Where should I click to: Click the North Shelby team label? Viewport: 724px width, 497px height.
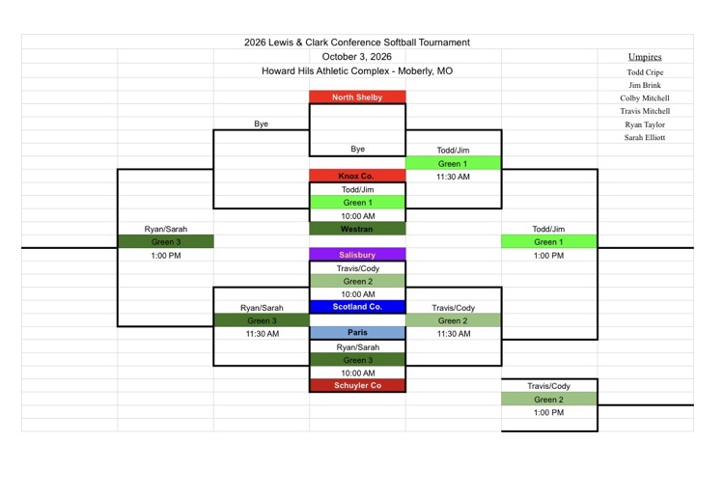(x=357, y=97)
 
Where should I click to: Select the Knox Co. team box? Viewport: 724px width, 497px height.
(x=357, y=176)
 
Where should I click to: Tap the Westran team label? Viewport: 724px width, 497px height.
(x=357, y=229)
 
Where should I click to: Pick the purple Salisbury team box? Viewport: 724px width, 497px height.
(x=357, y=255)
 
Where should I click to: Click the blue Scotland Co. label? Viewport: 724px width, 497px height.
(x=357, y=307)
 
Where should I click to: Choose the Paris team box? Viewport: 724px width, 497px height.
(x=357, y=333)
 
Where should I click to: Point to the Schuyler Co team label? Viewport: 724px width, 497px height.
(x=357, y=386)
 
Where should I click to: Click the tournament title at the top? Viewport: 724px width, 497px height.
(x=357, y=42)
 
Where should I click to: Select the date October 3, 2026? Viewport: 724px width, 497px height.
(x=357, y=57)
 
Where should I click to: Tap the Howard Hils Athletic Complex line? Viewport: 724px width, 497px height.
(x=357, y=71)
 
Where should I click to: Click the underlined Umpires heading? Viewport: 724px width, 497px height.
(x=645, y=57)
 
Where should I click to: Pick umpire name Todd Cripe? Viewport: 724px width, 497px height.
(x=645, y=72)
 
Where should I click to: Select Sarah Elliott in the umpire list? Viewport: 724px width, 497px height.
(x=645, y=137)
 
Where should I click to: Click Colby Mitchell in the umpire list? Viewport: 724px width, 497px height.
(x=645, y=98)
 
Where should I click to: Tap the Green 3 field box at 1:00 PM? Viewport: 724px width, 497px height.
(x=166, y=242)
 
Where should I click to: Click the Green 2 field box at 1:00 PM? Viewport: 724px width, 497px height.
(x=549, y=400)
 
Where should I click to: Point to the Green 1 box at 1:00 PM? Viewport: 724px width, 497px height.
(x=549, y=242)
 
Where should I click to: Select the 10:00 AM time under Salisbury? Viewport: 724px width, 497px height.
(x=358, y=294)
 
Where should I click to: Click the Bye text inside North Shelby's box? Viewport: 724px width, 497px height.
(x=358, y=149)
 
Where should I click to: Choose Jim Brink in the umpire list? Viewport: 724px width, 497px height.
(x=645, y=85)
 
